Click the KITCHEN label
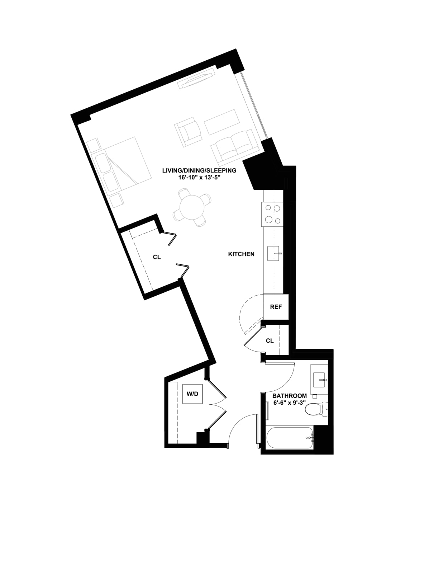click(x=241, y=254)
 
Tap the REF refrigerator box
click(x=276, y=307)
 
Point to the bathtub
click(x=290, y=438)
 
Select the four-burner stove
click(x=272, y=214)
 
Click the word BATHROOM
click(x=290, y=396)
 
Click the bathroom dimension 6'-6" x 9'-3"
click(x=290, y=403)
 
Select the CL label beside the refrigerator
click(x=270, y=341)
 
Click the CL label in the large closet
click(x=157, y=257)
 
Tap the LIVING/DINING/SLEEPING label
click(x=199, y=170)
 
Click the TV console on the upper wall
click(x=196, y=79)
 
